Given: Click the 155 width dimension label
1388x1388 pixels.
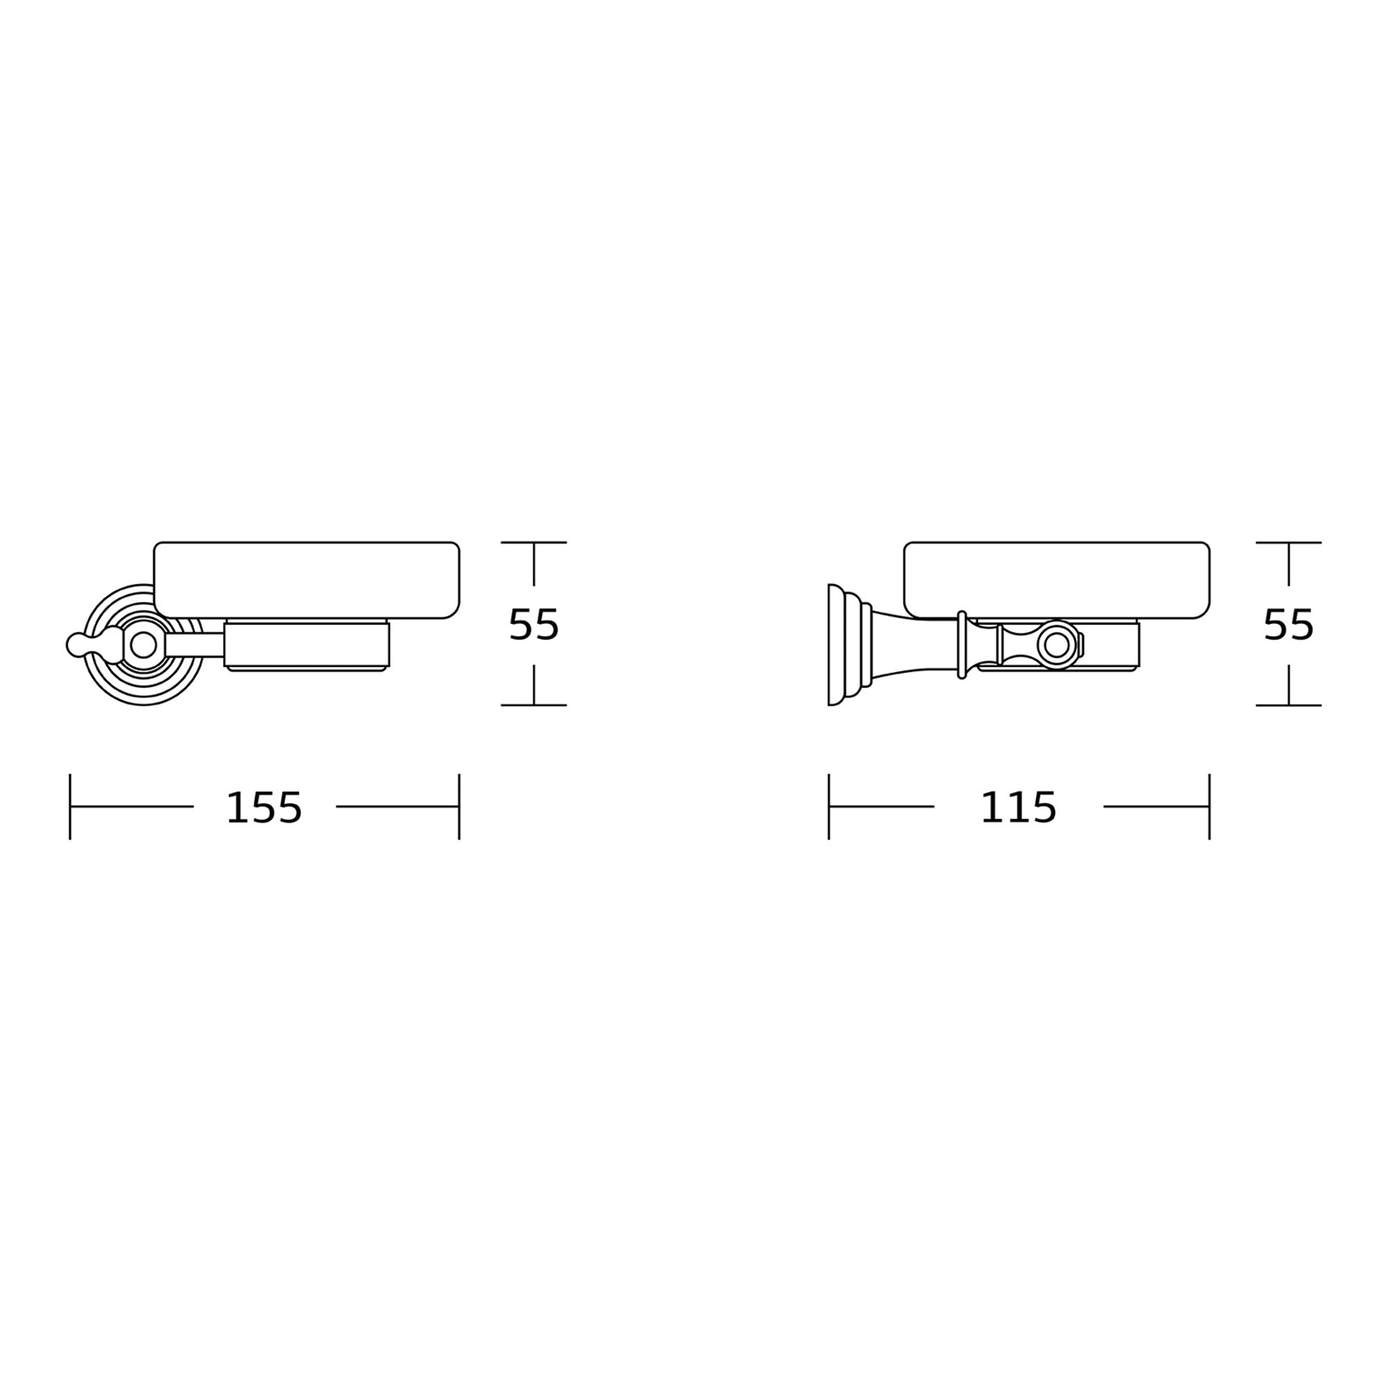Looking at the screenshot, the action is pyautogui.click(x=264, y=808).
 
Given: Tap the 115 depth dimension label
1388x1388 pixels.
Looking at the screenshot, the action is pyautogui.click(x=1018, y=808).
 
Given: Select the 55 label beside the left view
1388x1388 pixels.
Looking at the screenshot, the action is pyautogui.click(x=533, y=625).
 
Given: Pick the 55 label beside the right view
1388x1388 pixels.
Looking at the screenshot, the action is pyautogui.click(x=1288, y=625).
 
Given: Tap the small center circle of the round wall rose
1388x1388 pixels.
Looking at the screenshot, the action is pyautogui.click(x=143, y=645).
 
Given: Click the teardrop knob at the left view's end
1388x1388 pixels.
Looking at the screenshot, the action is pyautogui.click(x=94, y=644).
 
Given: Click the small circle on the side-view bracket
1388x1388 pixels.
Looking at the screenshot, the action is pyautogui.click(x=1056, y=645).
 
